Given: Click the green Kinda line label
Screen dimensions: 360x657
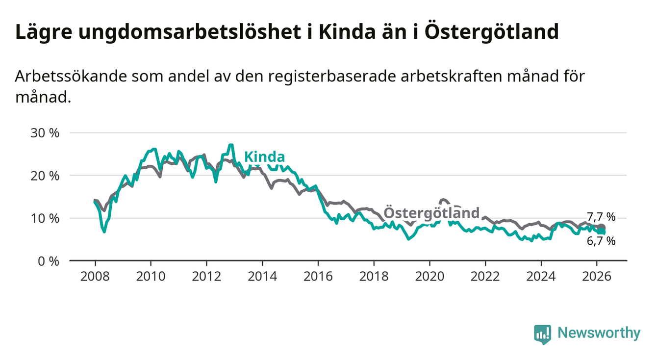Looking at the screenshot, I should [264, 157].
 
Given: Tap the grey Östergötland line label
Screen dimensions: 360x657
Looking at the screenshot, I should [431, 213].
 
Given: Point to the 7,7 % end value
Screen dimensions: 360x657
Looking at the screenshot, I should [601, 217].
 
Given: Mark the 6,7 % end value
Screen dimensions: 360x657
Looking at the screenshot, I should [601, 241].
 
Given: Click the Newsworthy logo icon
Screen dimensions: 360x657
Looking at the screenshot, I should [542, 334].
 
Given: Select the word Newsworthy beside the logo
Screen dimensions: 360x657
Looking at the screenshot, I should [599, 334].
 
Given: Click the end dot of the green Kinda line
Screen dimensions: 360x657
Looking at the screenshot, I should [602, 231].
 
